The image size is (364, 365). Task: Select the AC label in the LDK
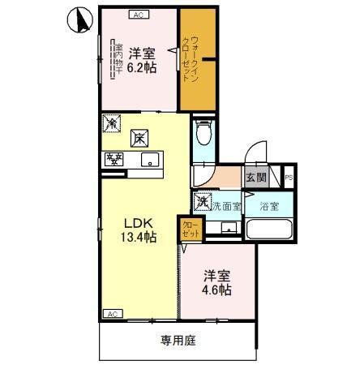tap(111, 313)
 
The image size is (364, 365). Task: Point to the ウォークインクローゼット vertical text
tap(197, 55)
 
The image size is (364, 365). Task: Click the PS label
tap(289, 178)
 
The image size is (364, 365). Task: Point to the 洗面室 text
tap(226, 206)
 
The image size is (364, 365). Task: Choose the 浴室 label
tap(271, 206)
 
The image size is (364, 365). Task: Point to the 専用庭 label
tap(177, 340)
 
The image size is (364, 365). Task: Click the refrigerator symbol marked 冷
tap(111, 124)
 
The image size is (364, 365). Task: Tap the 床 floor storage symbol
tap(139, 139)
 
